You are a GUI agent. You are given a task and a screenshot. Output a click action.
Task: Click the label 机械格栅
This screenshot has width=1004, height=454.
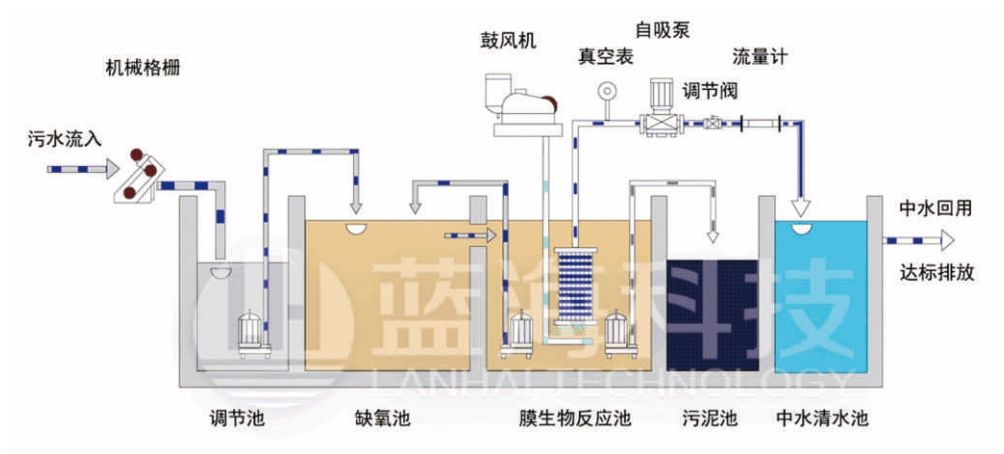pos(144,69)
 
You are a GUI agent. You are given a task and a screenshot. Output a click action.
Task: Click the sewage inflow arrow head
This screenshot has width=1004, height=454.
pos(106,169)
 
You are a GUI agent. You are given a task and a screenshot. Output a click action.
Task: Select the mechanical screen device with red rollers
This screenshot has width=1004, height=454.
pos(138,176)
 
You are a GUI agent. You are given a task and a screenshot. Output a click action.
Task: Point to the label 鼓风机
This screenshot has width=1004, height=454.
pos(508,40)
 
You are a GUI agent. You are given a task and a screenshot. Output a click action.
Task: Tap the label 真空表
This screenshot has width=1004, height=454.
pos(606,57)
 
